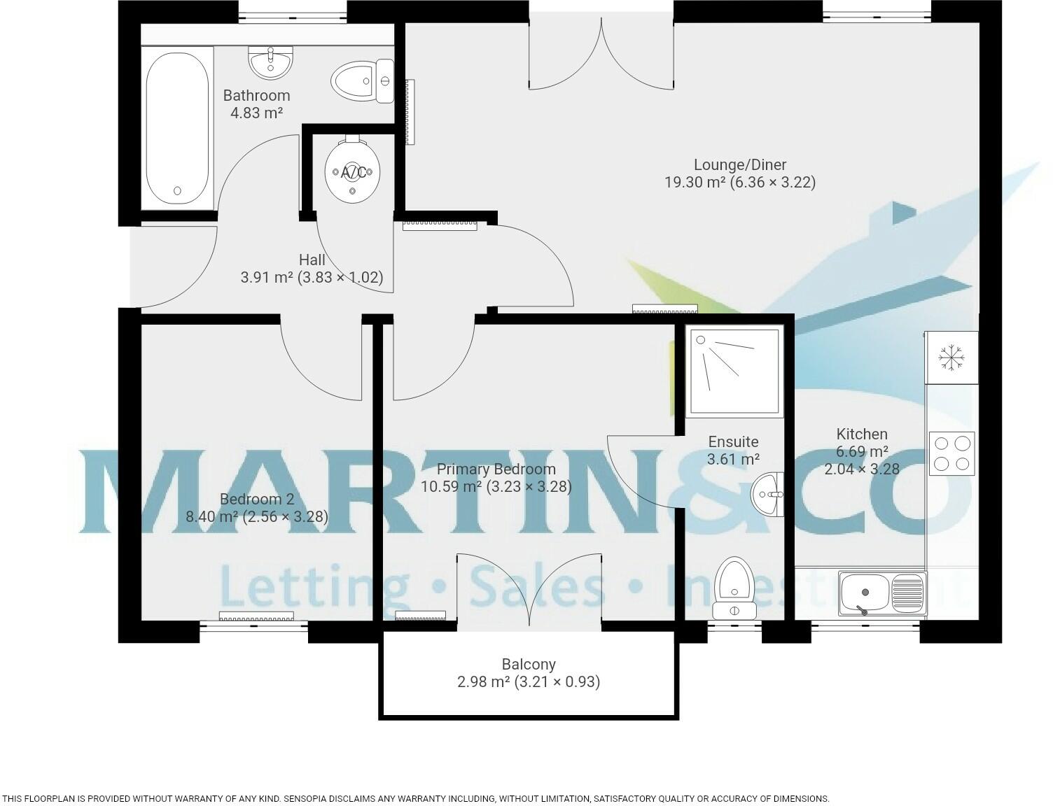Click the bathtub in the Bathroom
[177, 128]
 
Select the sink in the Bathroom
[270, 62]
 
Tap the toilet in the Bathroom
[361, 81]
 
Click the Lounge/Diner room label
[740, 164]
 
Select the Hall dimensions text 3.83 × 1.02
[340, 277]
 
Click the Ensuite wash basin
[768, 495]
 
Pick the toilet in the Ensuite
[733, 588]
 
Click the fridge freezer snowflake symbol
[951, 358]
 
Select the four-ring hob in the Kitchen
[951, 453]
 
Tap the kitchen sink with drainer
[882, 593]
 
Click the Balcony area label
[529, 664]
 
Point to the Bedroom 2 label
[256, 499]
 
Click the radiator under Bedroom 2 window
[256, 616]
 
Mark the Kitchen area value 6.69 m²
[862, 451]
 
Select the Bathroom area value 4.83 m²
[256, 113]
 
